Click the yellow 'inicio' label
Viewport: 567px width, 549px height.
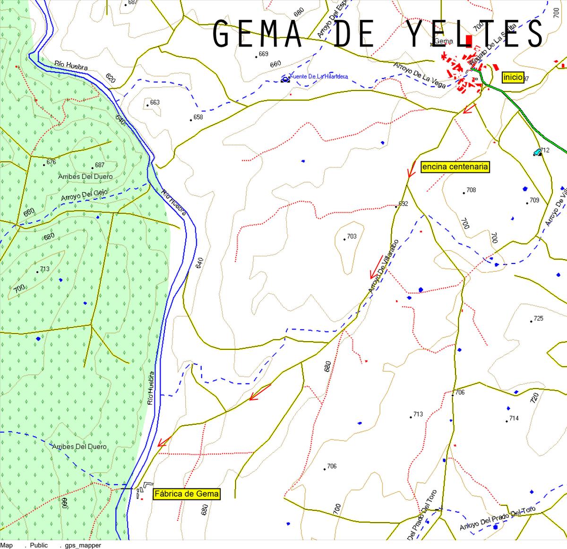coord(513,77)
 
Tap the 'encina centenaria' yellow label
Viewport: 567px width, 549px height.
coord(455,167)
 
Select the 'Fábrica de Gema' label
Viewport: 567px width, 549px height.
coord(187,494)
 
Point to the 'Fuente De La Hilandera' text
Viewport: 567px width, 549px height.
coord(320,76)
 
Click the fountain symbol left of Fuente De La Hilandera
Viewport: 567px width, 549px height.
coord(285,79)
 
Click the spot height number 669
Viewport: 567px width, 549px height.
coord(263,54)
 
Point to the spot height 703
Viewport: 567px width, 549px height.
coord(352,236)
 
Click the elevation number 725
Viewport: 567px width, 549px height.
coord(538,319)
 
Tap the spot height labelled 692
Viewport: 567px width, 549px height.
coord(403,204)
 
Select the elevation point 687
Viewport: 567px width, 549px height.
coord(99,165)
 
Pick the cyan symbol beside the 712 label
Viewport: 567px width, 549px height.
coord(537,152)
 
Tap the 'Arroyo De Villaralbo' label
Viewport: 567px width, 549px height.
coord(383,268)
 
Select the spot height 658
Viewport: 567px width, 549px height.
coord(198,117)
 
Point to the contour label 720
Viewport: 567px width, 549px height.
coord(534,397)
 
